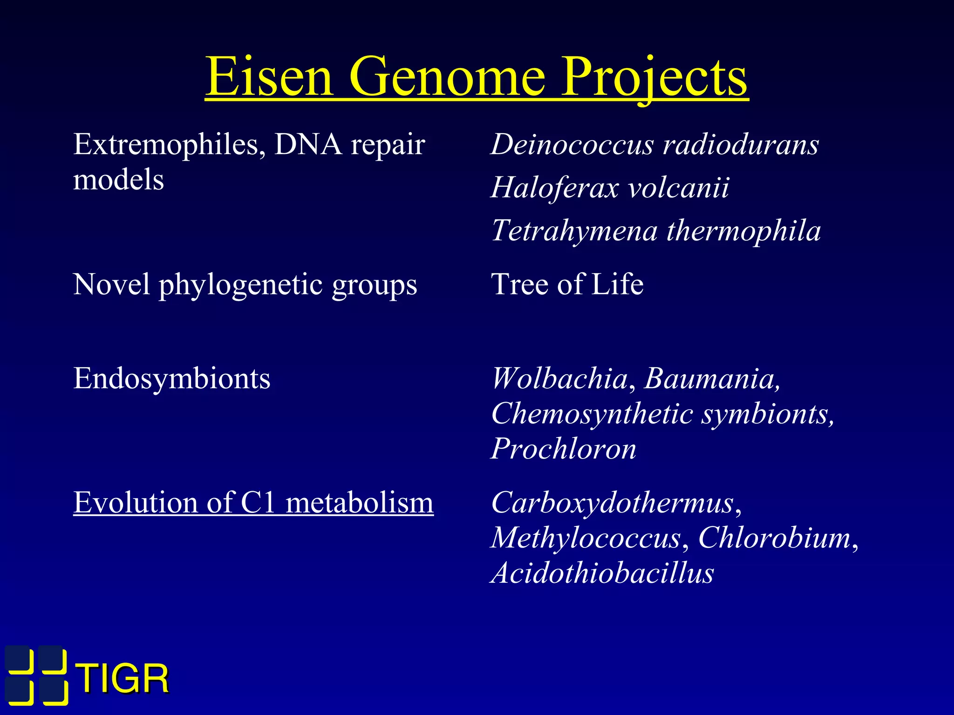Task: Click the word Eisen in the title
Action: (x=269, y=77)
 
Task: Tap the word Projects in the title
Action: (x=654, y=77)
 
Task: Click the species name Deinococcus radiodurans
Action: (x=654, y=144)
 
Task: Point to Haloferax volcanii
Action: (x=610, y=188)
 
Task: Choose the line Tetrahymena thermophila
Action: (x=656, y=231)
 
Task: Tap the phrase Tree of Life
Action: (x=567, y=284)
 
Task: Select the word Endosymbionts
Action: (x=171, y=378)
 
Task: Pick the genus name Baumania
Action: (x=711, y=378)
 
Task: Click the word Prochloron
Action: (x=564, y=449)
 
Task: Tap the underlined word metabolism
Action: (x=359, y=503)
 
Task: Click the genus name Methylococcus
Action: (x=586, y=538)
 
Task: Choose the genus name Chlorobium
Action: (x=774, y=538)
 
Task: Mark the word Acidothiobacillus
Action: (x=602, y=573)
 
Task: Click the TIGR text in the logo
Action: (x=123, y=679)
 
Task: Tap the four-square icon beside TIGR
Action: (x=36, y=675)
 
